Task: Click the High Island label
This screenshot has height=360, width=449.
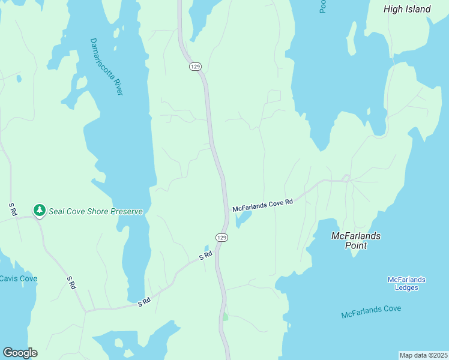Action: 407,9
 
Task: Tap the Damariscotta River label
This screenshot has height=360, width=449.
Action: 106,67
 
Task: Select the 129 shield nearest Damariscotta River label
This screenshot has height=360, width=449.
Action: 194,66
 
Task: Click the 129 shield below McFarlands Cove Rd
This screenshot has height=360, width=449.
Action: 221,238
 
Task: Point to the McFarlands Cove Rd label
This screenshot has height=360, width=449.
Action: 262,205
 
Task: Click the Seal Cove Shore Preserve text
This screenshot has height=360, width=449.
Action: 96,211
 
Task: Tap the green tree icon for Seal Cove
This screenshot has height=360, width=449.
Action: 40,211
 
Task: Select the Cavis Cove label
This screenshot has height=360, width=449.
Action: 18,278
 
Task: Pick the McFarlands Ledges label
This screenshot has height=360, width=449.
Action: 406,284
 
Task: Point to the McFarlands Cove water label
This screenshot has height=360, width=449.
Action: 371,312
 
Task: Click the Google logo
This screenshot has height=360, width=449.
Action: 20,353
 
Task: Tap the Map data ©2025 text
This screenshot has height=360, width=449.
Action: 423,355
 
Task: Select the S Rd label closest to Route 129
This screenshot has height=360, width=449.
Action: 206,256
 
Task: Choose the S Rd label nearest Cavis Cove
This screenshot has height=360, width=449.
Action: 71,283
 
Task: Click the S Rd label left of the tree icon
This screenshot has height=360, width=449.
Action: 12,209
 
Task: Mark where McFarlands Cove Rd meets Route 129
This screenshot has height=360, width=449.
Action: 225,211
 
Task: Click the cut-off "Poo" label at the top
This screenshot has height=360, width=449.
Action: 322,7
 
